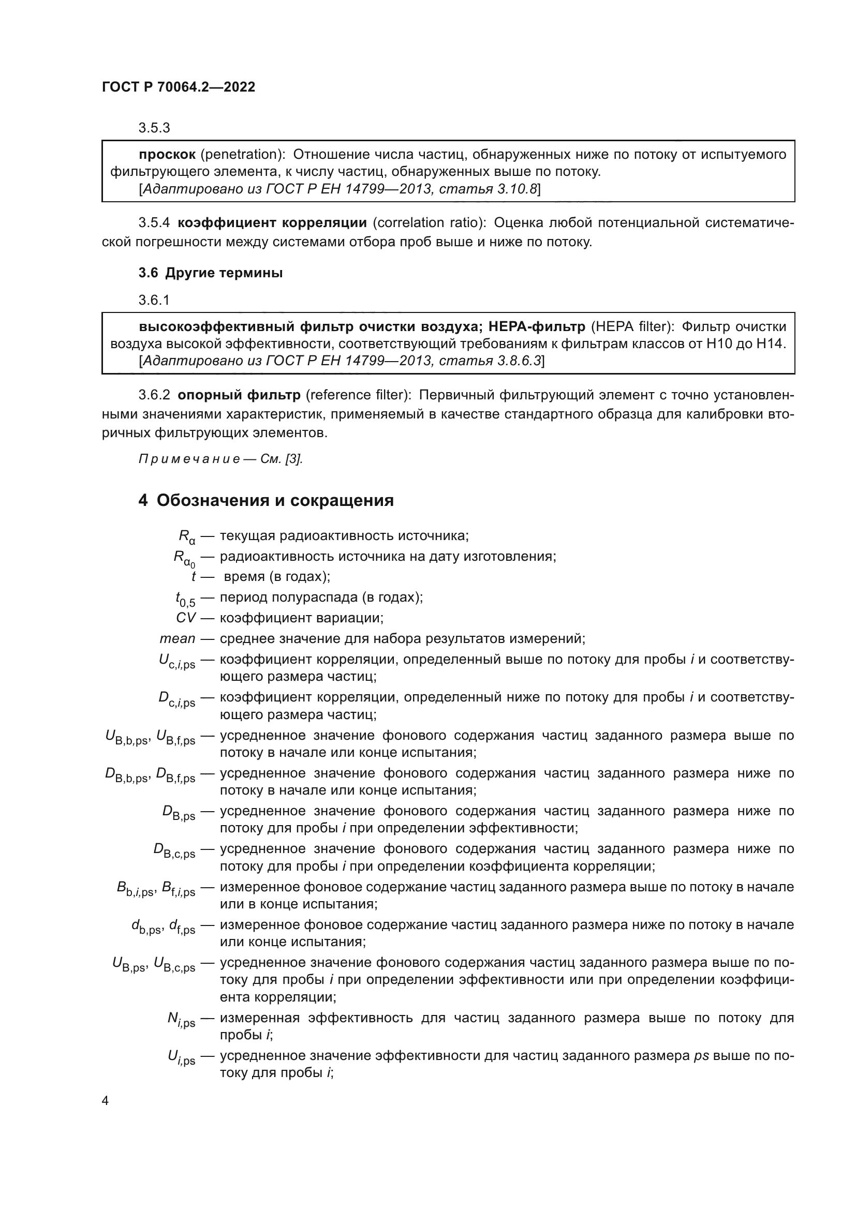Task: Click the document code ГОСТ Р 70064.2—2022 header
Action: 178,87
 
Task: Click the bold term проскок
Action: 167,154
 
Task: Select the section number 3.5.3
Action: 154,128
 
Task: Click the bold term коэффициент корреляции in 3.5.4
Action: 272,222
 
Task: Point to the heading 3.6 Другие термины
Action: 210,273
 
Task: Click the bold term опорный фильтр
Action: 239,395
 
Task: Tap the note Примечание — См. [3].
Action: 220,459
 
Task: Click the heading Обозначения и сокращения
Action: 275,500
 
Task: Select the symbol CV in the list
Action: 186,618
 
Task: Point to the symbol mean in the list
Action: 177,639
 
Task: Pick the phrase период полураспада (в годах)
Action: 321,597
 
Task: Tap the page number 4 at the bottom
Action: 106,1101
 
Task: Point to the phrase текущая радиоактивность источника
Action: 344,536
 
